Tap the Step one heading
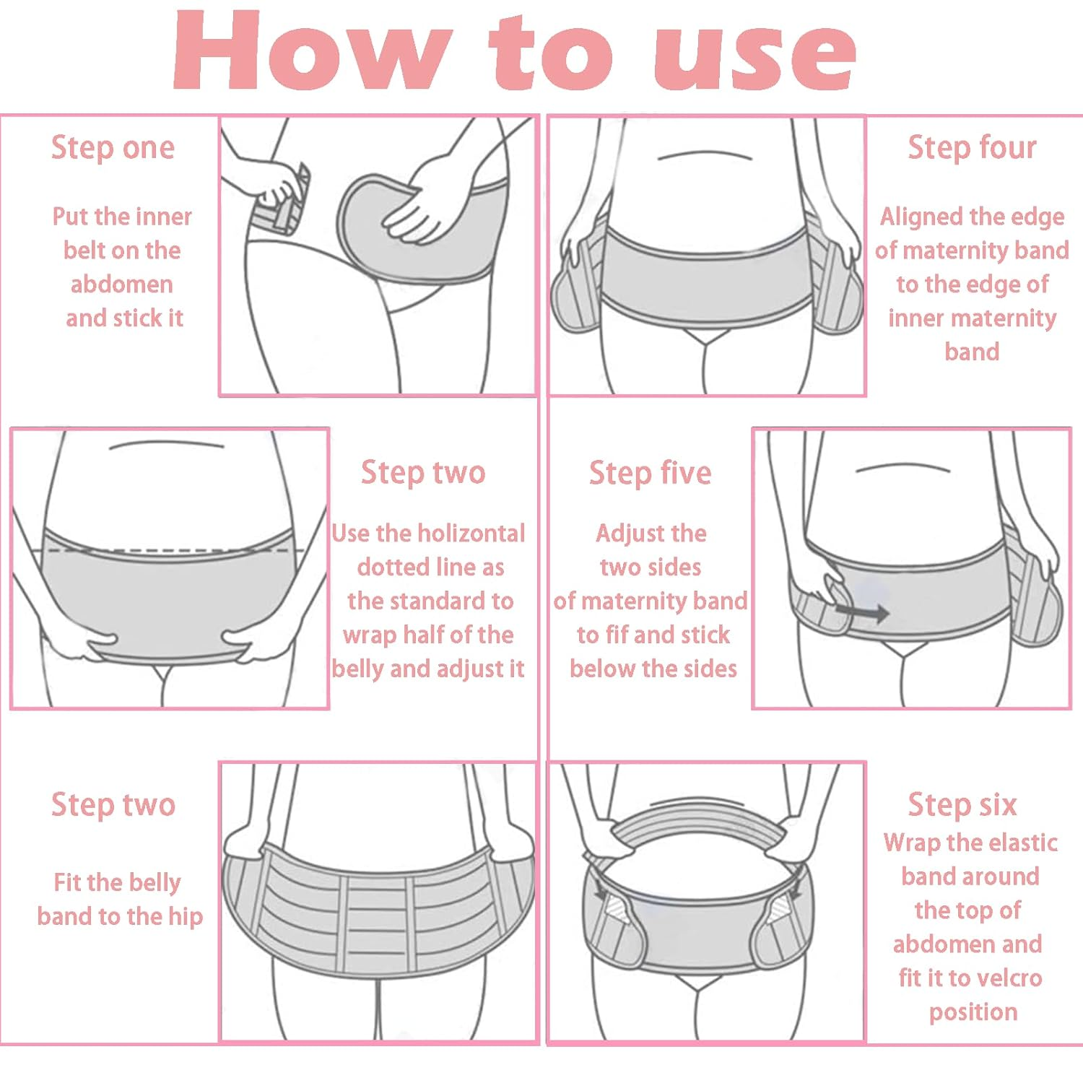click(x=113, y=148)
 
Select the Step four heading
click(x=972, y=148)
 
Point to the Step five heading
click(x=651, y=474)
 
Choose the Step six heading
click(x=962, y=804)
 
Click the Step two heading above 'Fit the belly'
click(x=113, y=804)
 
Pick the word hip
click(x=186, y=918)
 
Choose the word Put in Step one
click(x=70, y=217)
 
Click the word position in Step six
click(x=973, y=1013)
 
